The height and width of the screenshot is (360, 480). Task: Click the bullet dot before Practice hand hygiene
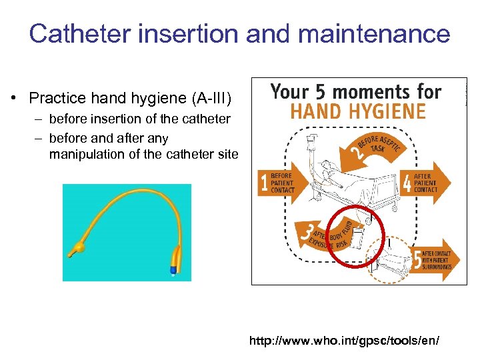[x=14, y=99]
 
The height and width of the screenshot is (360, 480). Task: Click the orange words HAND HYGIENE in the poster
[x=358, y=111]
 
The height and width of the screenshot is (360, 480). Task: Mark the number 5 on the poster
[x=417, y=259]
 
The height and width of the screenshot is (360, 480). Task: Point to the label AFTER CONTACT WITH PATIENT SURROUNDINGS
[x=437, y=259]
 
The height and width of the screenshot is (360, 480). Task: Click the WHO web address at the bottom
[x=344, y=341]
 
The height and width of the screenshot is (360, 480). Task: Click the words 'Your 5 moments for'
[x=356, y=91]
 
